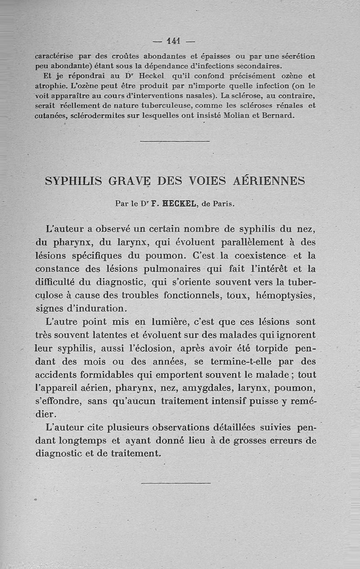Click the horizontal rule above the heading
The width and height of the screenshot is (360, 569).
point(175,141)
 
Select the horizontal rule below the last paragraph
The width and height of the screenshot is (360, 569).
point(175,483)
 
